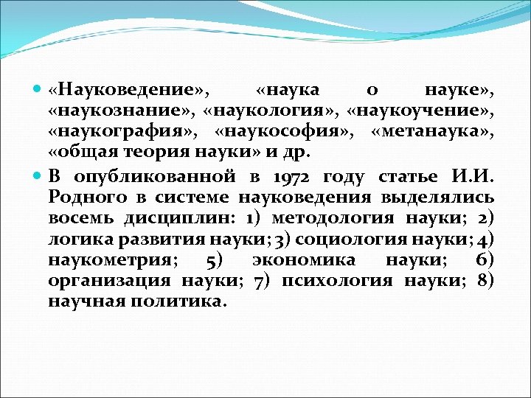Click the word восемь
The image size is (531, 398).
(80, 219)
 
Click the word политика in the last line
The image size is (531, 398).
(179, 301)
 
